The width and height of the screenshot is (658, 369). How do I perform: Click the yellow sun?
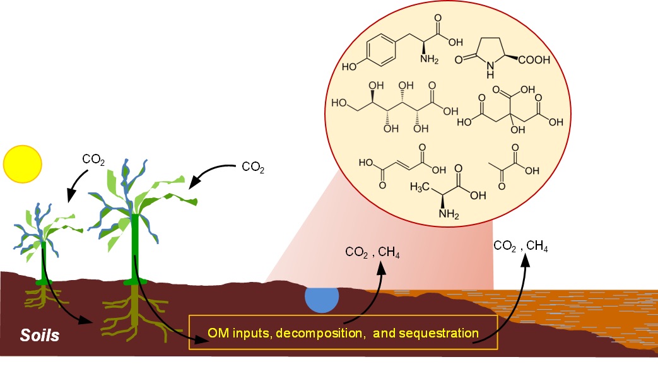(x=23, y=164)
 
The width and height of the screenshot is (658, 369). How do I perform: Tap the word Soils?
(x=40, y=336)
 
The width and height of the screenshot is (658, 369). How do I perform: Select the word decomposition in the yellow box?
(x=319, y=333)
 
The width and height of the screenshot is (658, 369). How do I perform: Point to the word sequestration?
(x=439, y=333)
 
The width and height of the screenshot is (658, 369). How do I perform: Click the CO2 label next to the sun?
(x=93, y=160)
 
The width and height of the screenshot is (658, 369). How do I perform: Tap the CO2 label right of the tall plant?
(x=253, y=168)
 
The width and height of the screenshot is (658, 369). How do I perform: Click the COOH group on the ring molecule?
(x=534, y=60)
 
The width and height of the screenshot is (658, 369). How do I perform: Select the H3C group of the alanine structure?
(x=420, y=186)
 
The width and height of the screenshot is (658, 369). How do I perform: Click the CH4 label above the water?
(x=537, y=246)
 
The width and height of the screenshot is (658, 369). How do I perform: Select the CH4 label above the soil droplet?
(x=389, y=252)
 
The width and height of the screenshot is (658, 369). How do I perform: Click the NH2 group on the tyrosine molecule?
(x=429, y=59)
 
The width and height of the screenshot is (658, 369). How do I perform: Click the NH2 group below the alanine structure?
(x=449, y=214)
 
